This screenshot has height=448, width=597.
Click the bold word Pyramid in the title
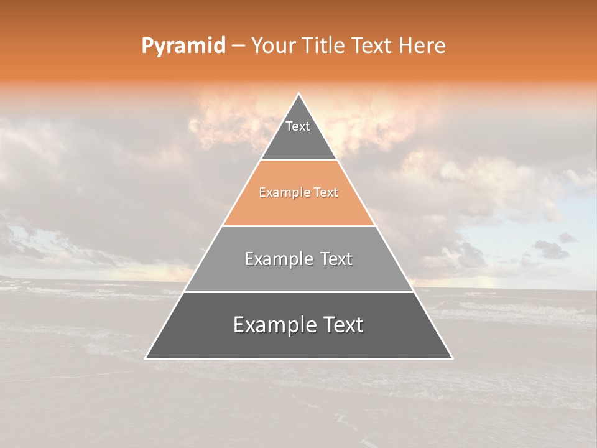tap(183, 46)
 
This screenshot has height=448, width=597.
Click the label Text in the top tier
tap(298, 126)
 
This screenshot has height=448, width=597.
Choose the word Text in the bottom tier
tap(340, 325)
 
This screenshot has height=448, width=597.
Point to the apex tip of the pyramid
tap(299, 95)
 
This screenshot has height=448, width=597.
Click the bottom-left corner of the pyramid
tap(146, 358)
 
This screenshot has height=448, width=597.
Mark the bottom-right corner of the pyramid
tap(452, 358)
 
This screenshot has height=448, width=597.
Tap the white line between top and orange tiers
tap(299, 160)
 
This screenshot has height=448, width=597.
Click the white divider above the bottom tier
tap(299, 292)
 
